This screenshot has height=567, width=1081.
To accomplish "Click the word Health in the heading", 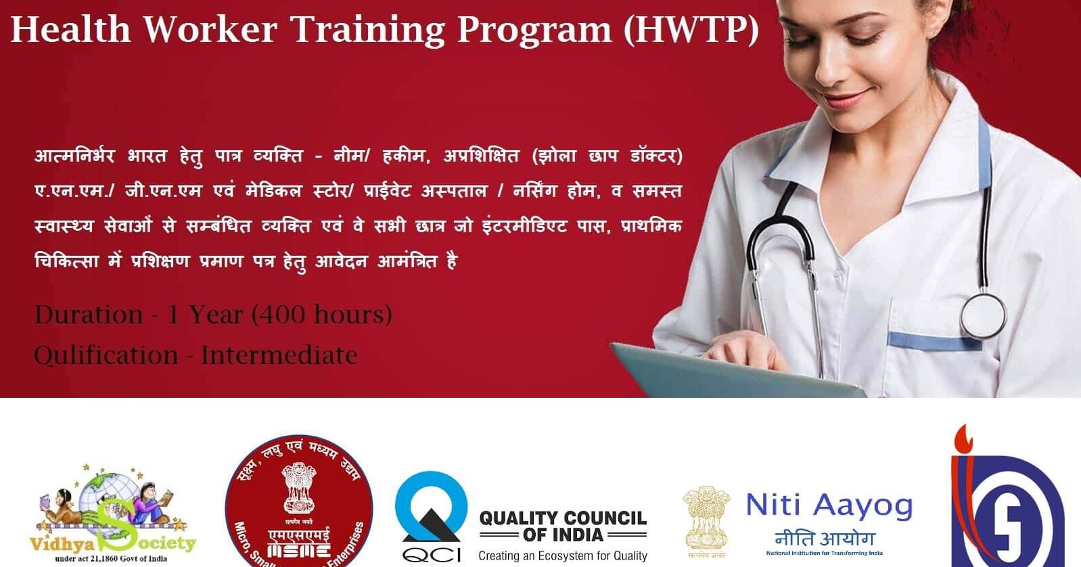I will pos(70,30).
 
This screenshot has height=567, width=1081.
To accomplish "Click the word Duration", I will pos(89,315).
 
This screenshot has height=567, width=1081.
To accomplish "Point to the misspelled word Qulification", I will pos(106,355).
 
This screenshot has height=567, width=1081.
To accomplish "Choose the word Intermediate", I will pos(279,355).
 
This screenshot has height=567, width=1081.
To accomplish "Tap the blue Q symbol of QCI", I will pos(431,507).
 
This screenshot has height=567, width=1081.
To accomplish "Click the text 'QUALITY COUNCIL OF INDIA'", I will pos(563,526).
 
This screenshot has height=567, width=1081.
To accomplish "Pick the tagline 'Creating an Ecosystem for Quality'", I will pos(563,556).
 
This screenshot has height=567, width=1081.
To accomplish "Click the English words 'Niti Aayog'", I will pos(829,505).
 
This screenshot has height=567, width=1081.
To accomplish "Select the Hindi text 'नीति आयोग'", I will pos(825,539).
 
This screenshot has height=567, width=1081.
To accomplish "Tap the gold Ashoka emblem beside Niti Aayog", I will pos(707,518).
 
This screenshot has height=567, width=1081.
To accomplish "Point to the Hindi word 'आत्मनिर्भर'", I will pos(74,156).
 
